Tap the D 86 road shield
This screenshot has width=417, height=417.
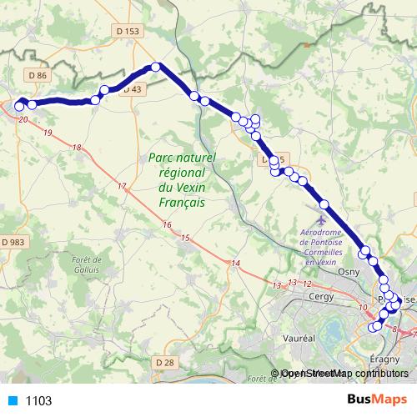pos(37,75)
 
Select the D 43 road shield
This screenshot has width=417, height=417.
pos(134,88)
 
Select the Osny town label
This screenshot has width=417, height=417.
pos(349,272)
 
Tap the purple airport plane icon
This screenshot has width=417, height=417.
pos(323,205)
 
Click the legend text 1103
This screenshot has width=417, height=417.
pos(38,400)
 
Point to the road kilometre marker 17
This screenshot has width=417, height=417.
pos(123,185)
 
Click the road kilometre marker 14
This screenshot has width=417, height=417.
pos(236,264)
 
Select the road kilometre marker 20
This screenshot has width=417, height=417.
pos(23,120)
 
